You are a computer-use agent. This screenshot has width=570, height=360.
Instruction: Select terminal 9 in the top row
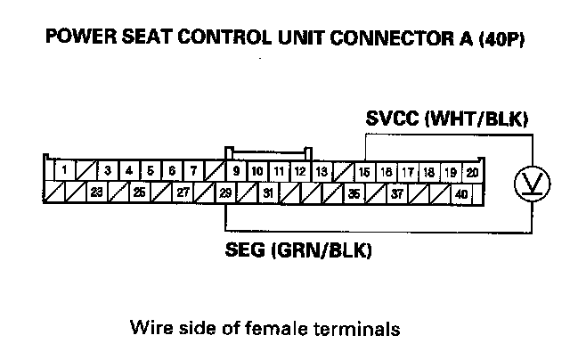(236, 170)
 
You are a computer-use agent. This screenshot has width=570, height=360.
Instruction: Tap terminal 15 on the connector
(364, 171)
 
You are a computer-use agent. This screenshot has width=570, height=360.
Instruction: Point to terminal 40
(460, 192)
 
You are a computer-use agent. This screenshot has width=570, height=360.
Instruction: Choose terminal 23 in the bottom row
(97, 191)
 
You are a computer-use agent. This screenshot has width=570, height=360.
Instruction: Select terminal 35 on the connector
(354, 192)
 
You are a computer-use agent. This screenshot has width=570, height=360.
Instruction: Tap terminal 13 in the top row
(322, 170)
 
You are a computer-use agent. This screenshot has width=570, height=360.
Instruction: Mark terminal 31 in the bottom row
(268, 191)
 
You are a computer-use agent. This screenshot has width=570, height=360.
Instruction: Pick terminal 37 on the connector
(396, 192)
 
